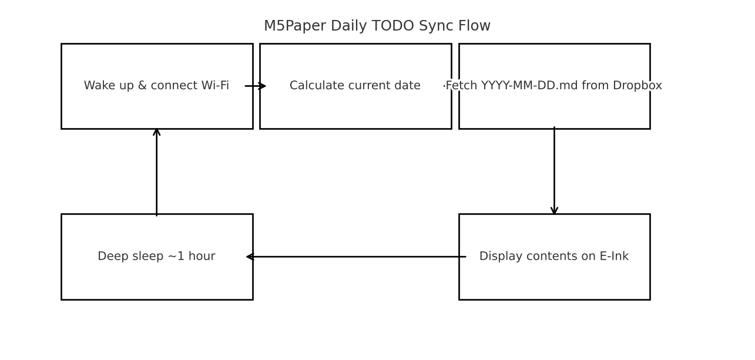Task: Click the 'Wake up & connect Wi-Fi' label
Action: point(156,86)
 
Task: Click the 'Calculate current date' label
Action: point(355,86)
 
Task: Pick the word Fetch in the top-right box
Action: point(461,86)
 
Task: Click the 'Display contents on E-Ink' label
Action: point(554,257)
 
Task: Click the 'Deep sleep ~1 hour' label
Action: point(156,257)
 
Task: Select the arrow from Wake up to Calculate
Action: point(256,86)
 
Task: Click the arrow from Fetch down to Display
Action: point(554,170)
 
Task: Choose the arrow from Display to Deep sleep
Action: point(355,257)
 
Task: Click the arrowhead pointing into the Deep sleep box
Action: point(250,257)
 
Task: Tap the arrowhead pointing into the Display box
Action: point(554,211)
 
